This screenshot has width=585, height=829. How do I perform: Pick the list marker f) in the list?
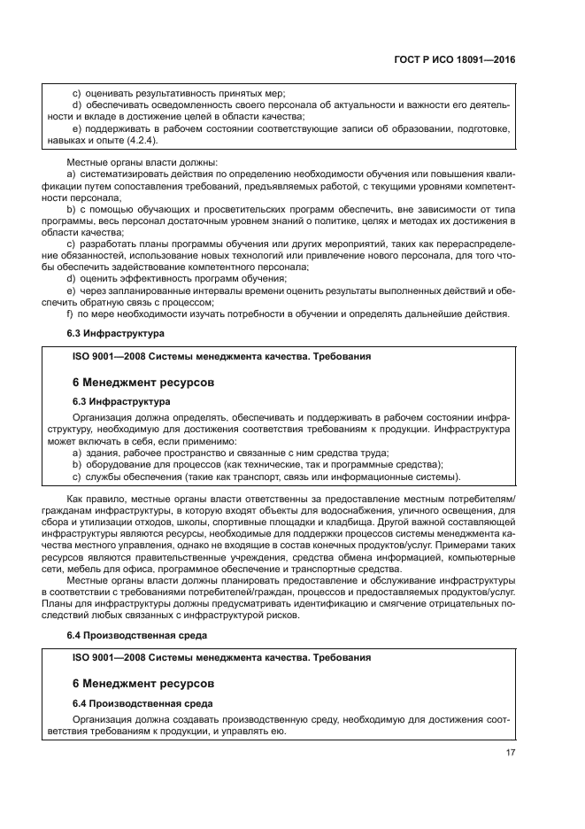click(x=70, y=313)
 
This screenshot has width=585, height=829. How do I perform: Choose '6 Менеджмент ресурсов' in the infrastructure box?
click(x=142, y=381)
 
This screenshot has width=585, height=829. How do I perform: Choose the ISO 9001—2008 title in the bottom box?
click(x=221, y=657)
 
